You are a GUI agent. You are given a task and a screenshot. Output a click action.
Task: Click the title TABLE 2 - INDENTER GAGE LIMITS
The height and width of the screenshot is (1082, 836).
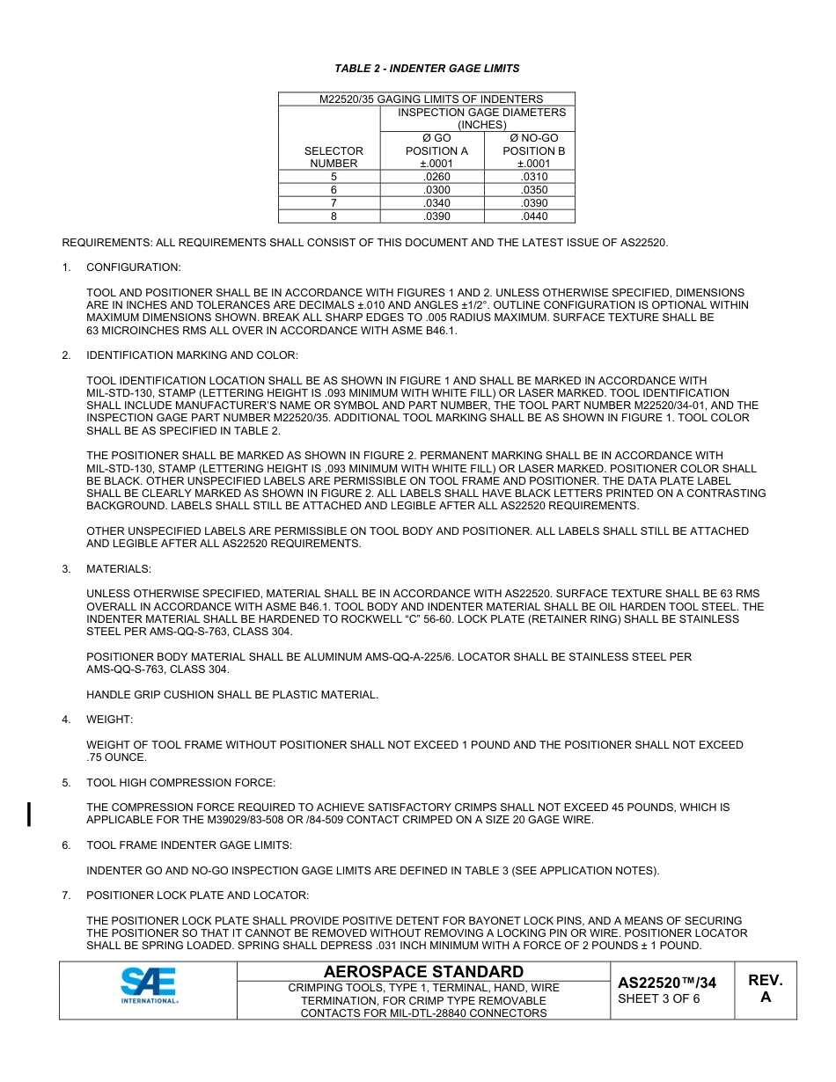(427, 68)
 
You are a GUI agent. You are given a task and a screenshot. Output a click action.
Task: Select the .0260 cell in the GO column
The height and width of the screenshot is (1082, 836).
(436, 177)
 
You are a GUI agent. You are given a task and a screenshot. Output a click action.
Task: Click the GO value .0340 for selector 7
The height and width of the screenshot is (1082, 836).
(436, 203)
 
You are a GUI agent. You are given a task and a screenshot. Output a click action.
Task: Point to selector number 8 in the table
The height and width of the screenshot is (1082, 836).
(334, 216)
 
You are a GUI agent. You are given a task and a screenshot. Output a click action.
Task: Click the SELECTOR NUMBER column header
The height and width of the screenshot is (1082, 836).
(334, 157)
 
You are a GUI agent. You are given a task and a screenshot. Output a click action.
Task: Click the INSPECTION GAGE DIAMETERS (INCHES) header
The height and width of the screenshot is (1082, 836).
(481, 119)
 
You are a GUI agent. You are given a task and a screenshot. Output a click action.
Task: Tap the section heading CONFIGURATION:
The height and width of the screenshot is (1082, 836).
(133, 267)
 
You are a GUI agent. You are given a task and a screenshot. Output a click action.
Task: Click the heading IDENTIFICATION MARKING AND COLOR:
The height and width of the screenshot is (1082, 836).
(192, 355)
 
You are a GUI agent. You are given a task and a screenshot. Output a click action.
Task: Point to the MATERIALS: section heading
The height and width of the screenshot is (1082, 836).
(118, 569)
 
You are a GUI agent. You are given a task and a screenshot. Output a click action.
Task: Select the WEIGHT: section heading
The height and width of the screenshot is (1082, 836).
(109, 720)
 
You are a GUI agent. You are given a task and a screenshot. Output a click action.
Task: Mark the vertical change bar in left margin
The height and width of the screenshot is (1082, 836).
(30, 814)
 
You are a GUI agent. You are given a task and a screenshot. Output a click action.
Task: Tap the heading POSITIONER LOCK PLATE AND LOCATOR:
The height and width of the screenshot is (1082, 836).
(197, 896)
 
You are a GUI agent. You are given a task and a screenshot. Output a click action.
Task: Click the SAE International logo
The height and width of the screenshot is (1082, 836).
(149, 985)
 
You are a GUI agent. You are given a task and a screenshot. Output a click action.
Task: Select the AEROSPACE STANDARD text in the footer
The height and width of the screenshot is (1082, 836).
(423, 971)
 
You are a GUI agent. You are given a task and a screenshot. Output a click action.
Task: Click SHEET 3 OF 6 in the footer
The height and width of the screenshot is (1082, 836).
(659, 998)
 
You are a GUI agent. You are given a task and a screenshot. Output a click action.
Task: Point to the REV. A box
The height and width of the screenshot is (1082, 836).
(765, 989)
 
